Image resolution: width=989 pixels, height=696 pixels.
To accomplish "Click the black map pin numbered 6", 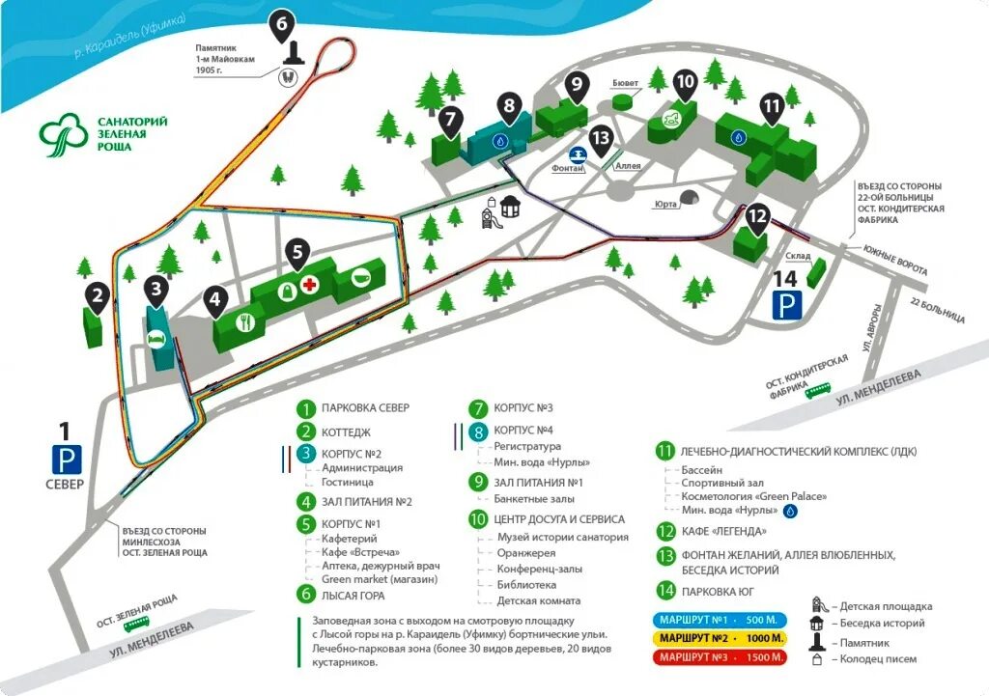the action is (281, 25).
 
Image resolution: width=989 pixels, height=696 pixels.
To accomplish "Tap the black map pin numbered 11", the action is (771, 107).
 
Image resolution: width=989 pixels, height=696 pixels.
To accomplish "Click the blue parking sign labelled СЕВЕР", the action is (66, 458).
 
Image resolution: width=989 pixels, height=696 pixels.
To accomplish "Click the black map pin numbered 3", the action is (156, 290).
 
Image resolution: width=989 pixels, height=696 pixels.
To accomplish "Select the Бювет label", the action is (629, 83).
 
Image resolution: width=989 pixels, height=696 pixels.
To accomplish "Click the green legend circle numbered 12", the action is (664, 531).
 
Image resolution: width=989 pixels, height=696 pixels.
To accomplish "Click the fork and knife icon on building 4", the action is (244, 321).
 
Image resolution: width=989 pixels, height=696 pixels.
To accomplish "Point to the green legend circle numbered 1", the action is (306, 408).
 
